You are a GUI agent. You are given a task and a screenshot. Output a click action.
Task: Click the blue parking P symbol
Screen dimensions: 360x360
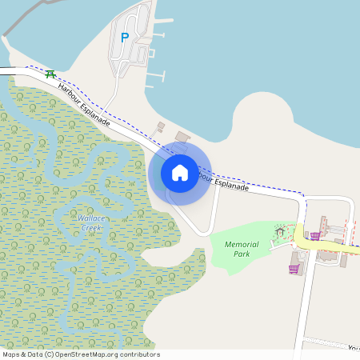[x=124, y=38]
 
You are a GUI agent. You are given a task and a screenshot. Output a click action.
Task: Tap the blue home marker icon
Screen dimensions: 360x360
[x=180, y=172]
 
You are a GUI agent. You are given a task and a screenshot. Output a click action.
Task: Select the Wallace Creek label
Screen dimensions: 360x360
[x=89, y=222]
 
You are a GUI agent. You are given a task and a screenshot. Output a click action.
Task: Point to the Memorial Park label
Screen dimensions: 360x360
[x=242, y=249]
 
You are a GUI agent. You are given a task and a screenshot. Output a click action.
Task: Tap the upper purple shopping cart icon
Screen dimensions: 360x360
[x=315, y=235]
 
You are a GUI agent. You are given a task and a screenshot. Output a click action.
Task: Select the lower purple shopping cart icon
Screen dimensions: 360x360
[x=293, y=269]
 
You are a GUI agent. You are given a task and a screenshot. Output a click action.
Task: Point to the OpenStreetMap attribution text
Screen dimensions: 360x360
[x=81, y=354]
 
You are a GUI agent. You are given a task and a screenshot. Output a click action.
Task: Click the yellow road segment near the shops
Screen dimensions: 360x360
[x=328, y=249]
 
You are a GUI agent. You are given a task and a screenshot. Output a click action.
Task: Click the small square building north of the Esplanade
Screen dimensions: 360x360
[x=160, y=126]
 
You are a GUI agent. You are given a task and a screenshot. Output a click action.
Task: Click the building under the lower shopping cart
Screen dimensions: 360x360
[x=296, y=260]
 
